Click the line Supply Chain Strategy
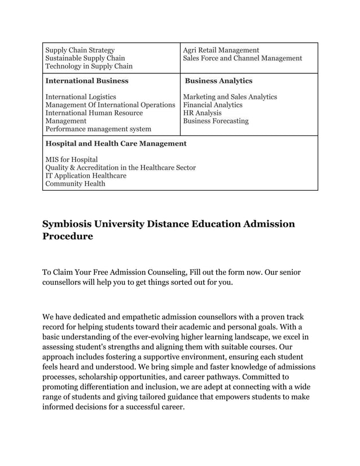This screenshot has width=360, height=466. tap(80, 50)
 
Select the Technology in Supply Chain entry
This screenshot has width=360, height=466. tap(89, 66)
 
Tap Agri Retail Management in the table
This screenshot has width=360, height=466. tap(221, 50)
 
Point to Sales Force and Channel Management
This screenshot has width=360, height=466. tap(242, 58)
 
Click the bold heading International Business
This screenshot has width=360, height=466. tap(86, 81)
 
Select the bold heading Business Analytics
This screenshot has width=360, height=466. tap(218, 81)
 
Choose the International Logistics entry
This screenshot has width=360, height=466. tap(80, 96)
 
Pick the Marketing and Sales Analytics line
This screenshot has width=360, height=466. tap(230, 96)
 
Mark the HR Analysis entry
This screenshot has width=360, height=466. tap(202, 113)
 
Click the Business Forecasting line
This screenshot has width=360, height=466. tap(216, 121)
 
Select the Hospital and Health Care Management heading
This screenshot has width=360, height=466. tap(116, 143)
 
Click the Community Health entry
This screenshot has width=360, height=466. tap(74, 183)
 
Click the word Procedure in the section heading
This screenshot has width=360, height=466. tap(68, 236)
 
